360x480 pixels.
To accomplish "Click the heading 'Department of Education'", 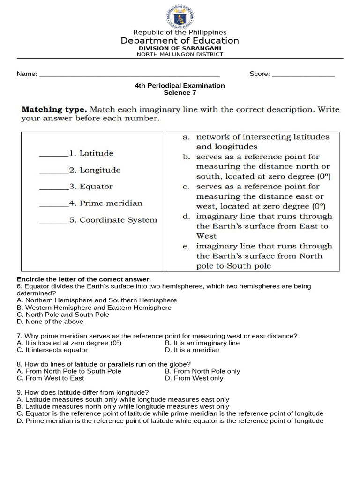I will pos(180,41).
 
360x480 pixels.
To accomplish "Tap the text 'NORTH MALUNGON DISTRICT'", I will pos(180,54).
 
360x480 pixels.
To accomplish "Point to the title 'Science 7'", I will pos(180,93).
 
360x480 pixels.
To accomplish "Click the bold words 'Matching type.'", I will pos(54,110).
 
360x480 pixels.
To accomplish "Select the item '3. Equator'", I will pos(91,187).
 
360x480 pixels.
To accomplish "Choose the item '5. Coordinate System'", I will pos(113,220).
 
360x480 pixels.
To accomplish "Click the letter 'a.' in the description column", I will pos(186,137).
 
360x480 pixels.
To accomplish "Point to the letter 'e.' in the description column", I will pos(186,246).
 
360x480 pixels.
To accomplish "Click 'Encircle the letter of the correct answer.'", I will pos(84,279).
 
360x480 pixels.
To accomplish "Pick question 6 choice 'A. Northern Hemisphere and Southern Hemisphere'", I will pos(97,300).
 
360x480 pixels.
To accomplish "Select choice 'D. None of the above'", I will pos(50,322).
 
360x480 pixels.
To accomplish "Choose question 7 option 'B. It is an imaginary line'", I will pos(202,343).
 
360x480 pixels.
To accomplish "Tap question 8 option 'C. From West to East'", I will pos(50,378).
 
